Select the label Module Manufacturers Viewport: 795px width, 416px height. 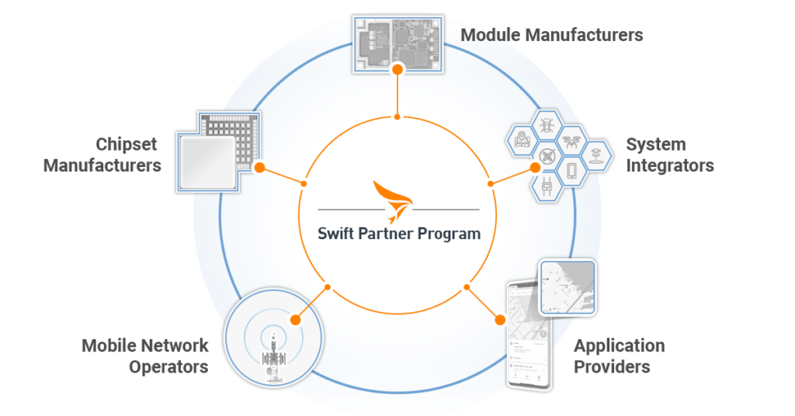coord(552,35)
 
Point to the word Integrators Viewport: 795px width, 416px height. coord(669,165)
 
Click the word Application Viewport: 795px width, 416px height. coord(619,345)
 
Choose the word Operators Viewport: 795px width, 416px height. coord(168,366)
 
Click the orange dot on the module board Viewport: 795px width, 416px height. coord(397,70)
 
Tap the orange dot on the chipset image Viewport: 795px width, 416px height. coord(259,167)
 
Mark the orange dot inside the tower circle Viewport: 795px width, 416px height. coord(295,319)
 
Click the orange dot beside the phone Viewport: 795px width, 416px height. coord(500,318)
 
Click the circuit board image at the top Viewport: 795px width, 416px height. coord(398,43)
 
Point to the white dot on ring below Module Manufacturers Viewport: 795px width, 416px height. coord(397,116)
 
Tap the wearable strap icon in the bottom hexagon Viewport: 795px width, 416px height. coord(548,186)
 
